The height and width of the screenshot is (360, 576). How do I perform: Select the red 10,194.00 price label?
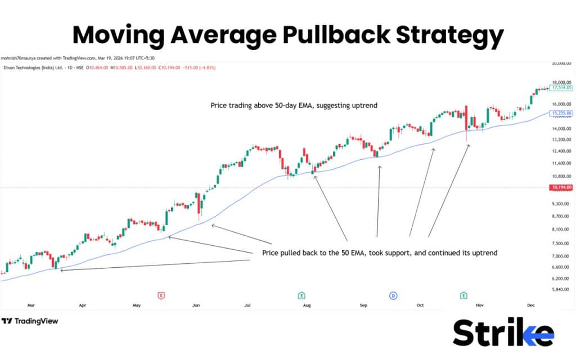561,187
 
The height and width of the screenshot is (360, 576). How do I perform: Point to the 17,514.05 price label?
561,88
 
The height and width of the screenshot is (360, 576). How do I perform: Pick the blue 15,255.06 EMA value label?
561,113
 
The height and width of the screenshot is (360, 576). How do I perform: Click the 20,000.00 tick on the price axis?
561,64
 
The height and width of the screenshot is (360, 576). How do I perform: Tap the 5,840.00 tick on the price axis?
561,290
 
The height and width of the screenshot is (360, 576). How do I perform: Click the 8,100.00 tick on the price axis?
561,229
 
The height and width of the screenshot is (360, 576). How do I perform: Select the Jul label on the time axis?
247,305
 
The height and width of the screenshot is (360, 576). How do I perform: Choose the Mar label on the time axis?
31,305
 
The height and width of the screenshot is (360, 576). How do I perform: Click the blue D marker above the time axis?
393,295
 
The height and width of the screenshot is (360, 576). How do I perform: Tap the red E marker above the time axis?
161,295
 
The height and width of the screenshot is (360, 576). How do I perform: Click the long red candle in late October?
466,121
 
